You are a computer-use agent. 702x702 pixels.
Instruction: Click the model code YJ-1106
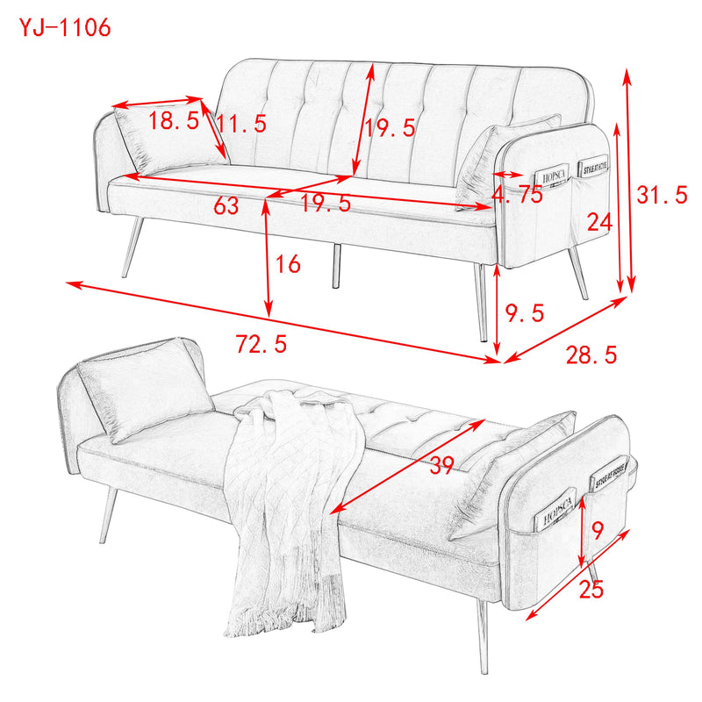click(66, 27)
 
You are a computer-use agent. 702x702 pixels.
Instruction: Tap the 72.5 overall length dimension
click(261, 344)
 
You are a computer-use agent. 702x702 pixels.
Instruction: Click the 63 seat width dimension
click(226, 206)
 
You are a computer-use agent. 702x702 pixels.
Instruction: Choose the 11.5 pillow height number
click(242, 124)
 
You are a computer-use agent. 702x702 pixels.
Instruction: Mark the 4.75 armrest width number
click(518, 196)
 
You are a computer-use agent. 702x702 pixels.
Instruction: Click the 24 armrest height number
click(598, 223)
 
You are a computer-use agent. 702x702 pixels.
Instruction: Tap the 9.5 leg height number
click(526, 312)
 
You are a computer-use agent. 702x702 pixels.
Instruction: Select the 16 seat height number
click(287, 262)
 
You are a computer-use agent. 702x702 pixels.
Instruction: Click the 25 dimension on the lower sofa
click(591, 591)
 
